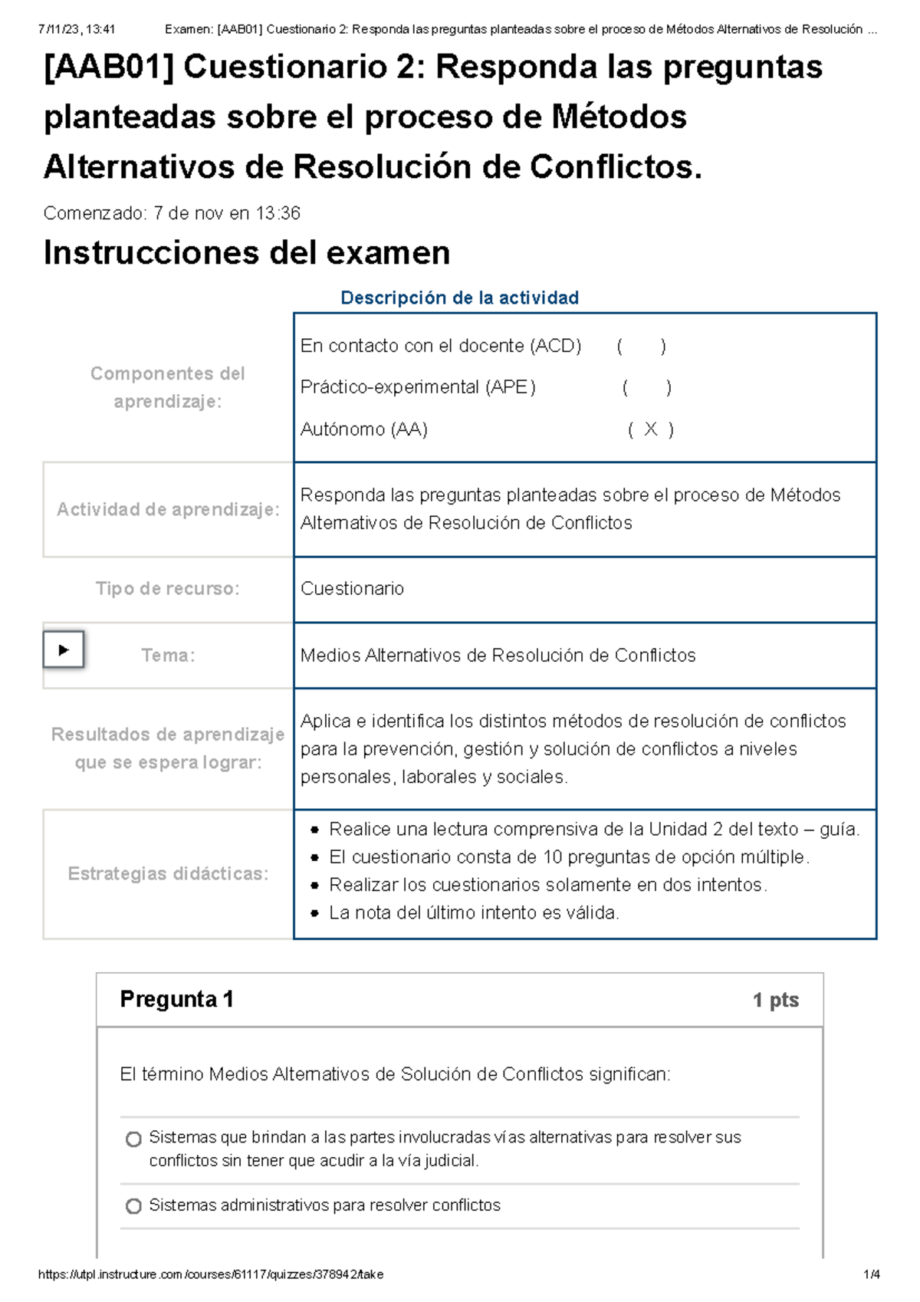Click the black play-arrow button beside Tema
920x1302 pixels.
point(64,650)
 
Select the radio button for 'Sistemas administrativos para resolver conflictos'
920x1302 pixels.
point(133,1206)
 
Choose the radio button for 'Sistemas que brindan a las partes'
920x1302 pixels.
point(133,1139)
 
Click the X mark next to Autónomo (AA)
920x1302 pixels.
point(650,429)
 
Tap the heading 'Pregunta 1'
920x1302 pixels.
point(176,999)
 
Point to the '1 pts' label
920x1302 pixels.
point(775,1000)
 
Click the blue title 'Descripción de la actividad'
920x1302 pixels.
point(459,298)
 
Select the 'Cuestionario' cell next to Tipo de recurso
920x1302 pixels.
point(352,588)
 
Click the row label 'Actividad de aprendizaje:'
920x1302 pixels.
point(168,509)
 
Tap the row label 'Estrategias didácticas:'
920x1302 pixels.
point(168,873)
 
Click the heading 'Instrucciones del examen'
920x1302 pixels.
point(246,252)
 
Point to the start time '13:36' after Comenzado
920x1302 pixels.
point(278,213)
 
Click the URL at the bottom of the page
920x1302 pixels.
point(211,1274)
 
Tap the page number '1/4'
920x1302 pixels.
point(871,1274)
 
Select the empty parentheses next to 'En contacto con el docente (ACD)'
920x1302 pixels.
point(641,346)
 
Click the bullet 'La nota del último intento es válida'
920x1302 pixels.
point(473,912)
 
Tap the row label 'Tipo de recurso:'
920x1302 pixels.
point(167,588)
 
